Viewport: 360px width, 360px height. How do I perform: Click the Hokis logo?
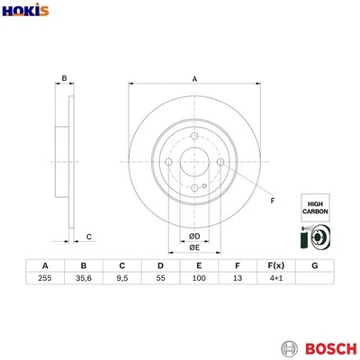[25, 11]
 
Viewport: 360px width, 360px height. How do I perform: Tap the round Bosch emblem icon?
[289, 347]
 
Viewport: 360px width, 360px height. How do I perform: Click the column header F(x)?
[274, 266]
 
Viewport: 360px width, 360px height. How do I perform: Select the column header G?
[313, 266]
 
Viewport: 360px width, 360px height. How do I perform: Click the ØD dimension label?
[193, 236]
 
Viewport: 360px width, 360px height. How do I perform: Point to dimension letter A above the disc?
[194, 80]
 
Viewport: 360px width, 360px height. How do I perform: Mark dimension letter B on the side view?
[64, 78]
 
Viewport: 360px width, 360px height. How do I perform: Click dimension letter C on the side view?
[87, 237]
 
